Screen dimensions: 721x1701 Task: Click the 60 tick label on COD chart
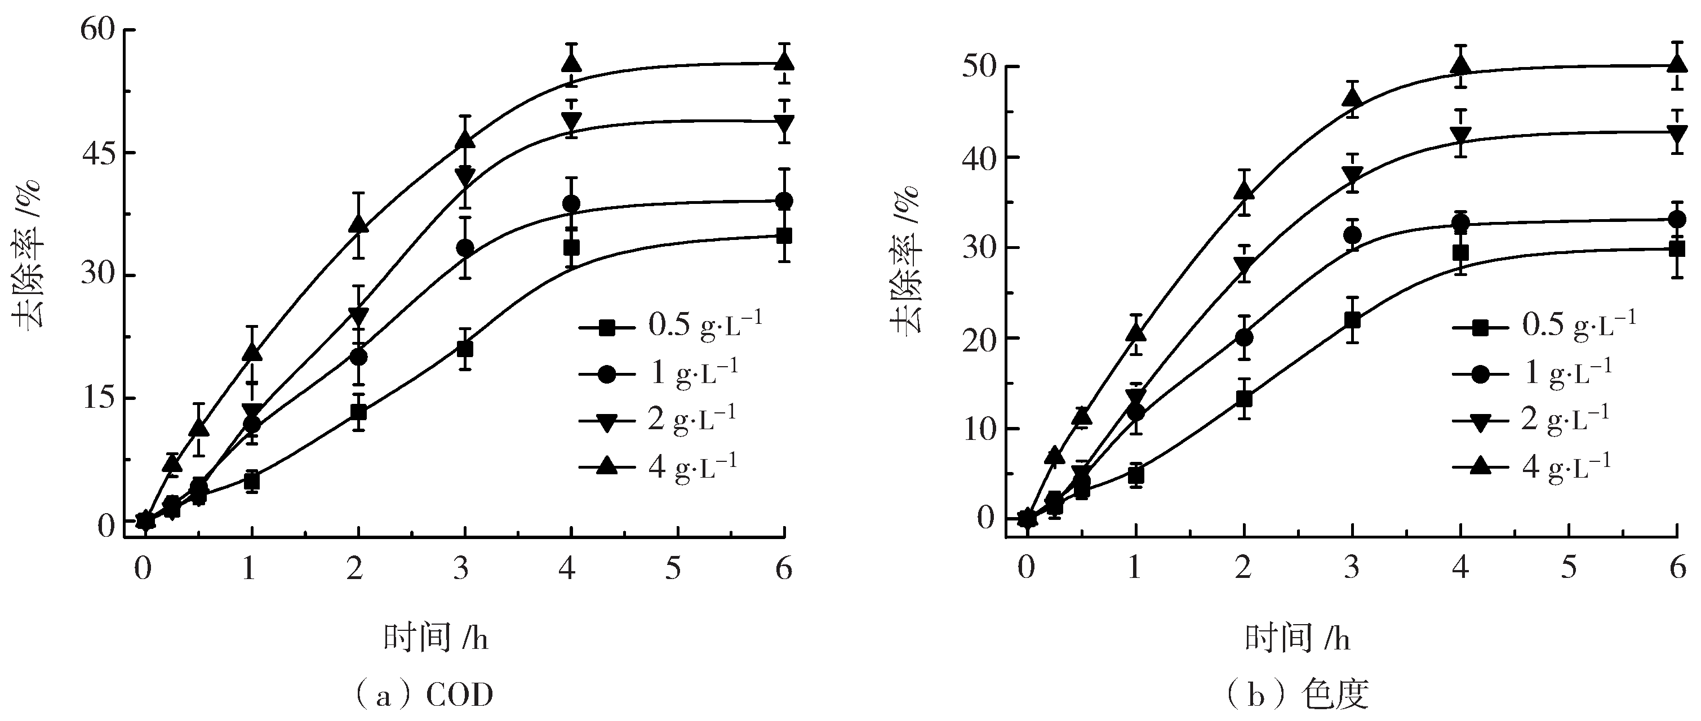pos(96,31)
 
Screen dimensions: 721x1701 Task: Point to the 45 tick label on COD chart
pos(96,153)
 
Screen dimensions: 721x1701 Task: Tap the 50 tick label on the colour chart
pos(979,68)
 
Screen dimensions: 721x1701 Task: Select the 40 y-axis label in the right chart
pos(979,158)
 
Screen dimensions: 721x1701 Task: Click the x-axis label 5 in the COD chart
pos(673,568)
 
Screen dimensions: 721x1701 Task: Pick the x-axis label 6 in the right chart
pos(1678,568)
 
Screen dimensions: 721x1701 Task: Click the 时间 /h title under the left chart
pos(436,638)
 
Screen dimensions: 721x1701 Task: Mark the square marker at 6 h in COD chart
pos(784,235)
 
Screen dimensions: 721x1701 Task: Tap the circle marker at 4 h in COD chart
pos(571,203)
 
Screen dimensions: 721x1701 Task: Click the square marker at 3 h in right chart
pos(1352,320)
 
